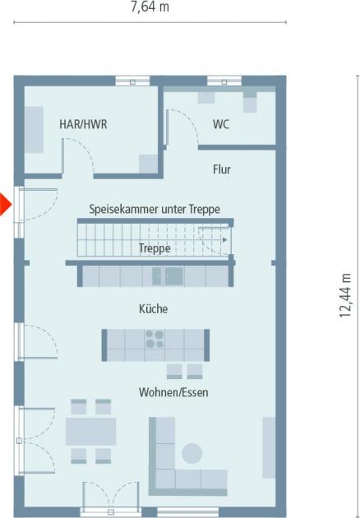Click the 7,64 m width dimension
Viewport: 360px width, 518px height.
150,7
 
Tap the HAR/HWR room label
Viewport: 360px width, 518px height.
83,125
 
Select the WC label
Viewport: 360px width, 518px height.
221,125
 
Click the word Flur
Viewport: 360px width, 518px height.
222,170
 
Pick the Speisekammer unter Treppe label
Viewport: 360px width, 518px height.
155,210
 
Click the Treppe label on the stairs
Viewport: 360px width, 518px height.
155,247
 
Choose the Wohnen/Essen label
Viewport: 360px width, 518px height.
173,393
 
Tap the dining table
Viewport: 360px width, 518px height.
90,431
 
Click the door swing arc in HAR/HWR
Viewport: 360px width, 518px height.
81,155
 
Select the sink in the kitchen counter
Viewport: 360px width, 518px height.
173,276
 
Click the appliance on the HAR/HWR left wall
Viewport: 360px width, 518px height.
34,129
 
